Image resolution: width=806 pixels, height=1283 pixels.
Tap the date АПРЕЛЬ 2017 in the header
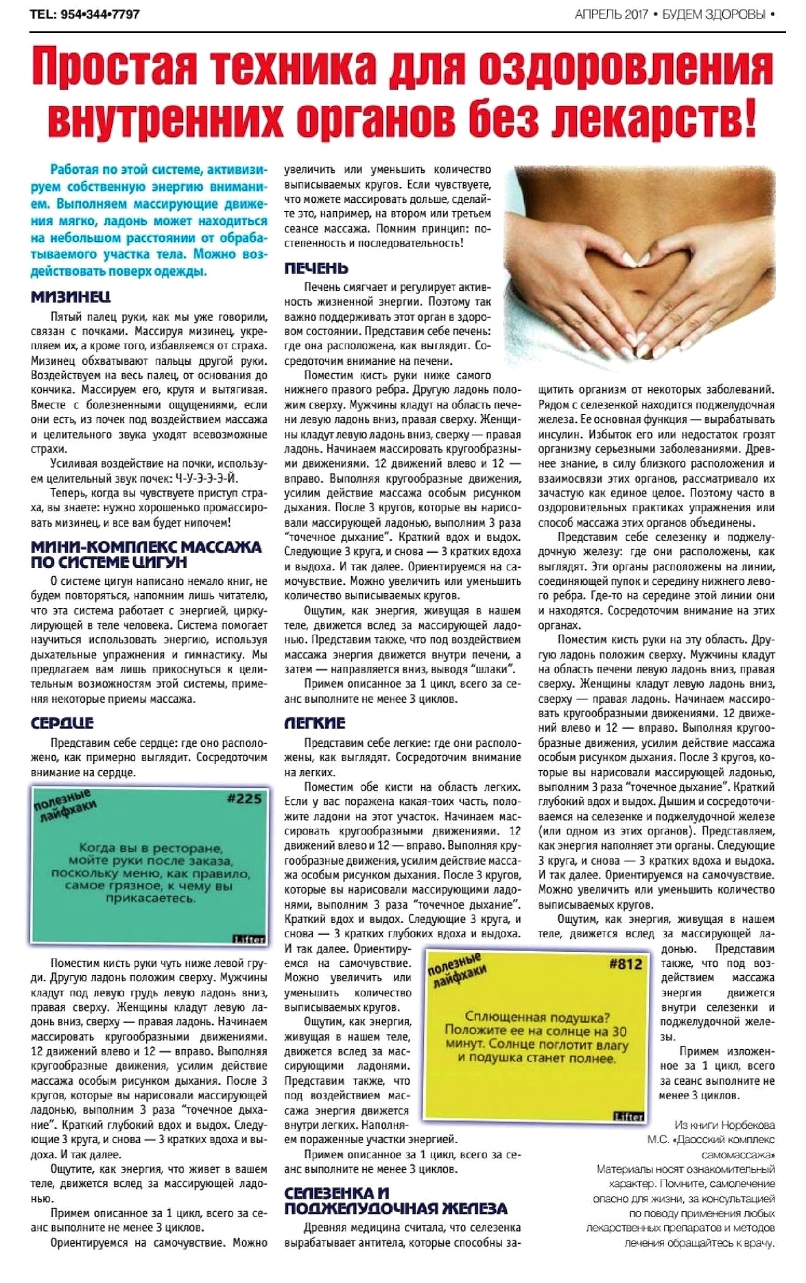point(611,14)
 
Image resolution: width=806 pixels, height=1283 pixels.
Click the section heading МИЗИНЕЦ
point(71,297)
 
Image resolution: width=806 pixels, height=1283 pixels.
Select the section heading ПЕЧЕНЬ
point(316,268)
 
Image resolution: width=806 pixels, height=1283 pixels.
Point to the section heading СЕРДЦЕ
point(62,723)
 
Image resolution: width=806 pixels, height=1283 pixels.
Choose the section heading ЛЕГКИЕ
point(315,723)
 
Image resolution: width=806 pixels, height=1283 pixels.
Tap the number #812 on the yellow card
point(625,963)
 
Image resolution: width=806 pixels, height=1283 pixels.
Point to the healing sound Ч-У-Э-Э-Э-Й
point(206,479)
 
